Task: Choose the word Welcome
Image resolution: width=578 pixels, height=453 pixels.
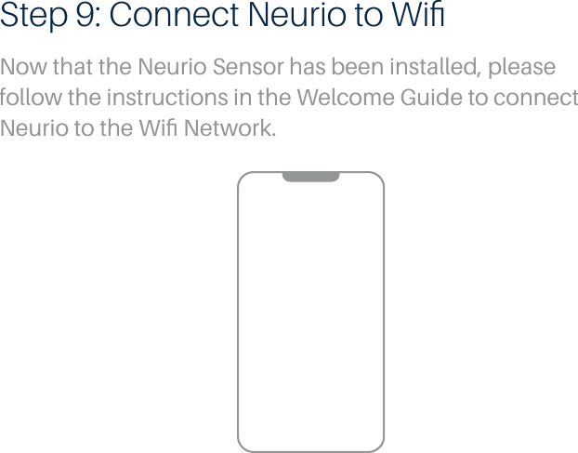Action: (x=335, y=98)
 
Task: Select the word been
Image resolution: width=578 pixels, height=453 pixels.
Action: (x=346, y=70)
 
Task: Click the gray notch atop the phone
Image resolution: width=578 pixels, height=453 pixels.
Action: (x=310, y=177)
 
